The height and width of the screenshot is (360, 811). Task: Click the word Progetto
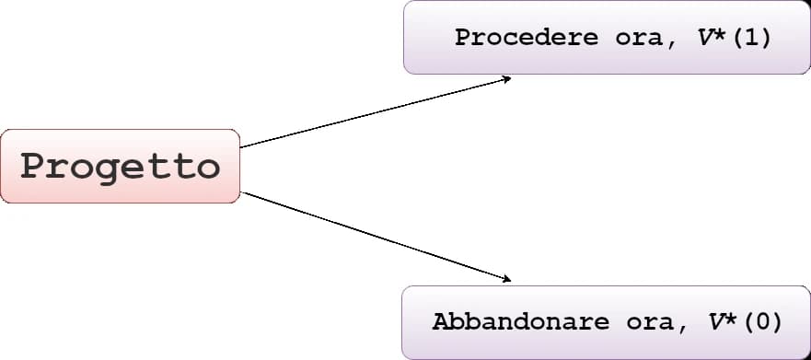click(x=121, y=167)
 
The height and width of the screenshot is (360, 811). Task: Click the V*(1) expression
click(x=734, y=39)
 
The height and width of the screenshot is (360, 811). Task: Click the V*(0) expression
click(x=745, y=322)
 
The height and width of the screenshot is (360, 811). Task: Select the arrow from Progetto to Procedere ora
click(x=368, y=113)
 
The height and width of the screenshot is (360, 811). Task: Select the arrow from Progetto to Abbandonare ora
click(x=368, y=234)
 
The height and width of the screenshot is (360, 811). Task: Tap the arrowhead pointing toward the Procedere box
click(x=505, y=79)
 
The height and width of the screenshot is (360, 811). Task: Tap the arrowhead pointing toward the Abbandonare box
click(x=505, y=278)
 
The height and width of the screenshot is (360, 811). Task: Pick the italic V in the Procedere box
click(x=704, y=39)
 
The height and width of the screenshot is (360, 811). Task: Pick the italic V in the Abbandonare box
click(x=715, y=322)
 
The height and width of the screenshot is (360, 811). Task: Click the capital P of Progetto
click(x=34, y=167)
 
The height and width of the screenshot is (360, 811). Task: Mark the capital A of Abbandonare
click(x=440, y=322)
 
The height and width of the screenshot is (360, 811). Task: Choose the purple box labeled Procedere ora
click(x=606, y=61)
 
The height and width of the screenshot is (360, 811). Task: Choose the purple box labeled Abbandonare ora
click(x=606, y=344)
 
